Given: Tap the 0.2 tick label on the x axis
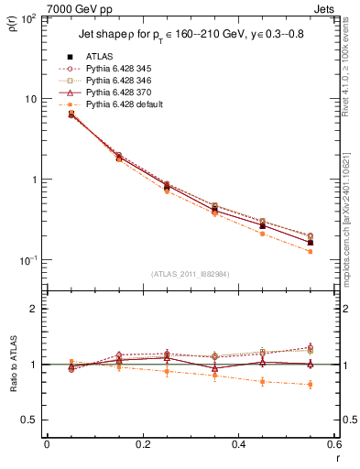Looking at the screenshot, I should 142,444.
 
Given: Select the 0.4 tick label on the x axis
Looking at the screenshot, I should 237,444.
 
